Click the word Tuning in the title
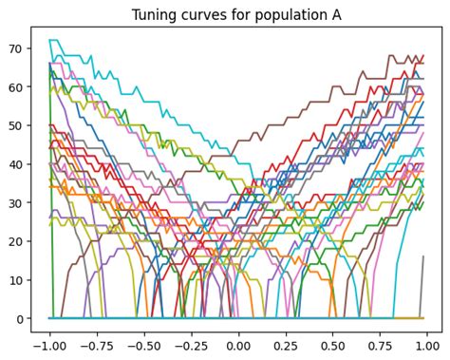coord(159,12)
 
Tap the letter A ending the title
coord(320,12)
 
